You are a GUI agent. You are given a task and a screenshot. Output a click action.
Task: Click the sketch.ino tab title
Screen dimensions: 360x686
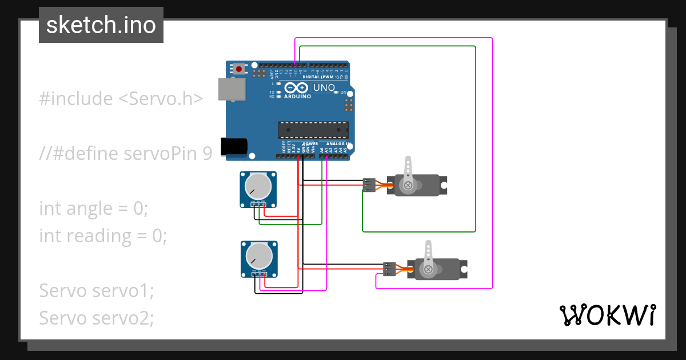[101, 25]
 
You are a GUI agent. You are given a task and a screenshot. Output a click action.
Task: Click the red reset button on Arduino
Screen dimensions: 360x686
[238, 69]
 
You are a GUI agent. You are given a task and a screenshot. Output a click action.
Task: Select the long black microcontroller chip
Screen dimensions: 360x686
[313, 130]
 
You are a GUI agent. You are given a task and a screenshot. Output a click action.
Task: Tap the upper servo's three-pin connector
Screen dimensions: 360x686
[369, 185]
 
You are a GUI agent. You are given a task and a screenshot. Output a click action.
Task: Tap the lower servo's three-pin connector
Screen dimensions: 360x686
[389, 269]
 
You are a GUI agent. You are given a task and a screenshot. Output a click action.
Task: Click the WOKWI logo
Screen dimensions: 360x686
[607, 315]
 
